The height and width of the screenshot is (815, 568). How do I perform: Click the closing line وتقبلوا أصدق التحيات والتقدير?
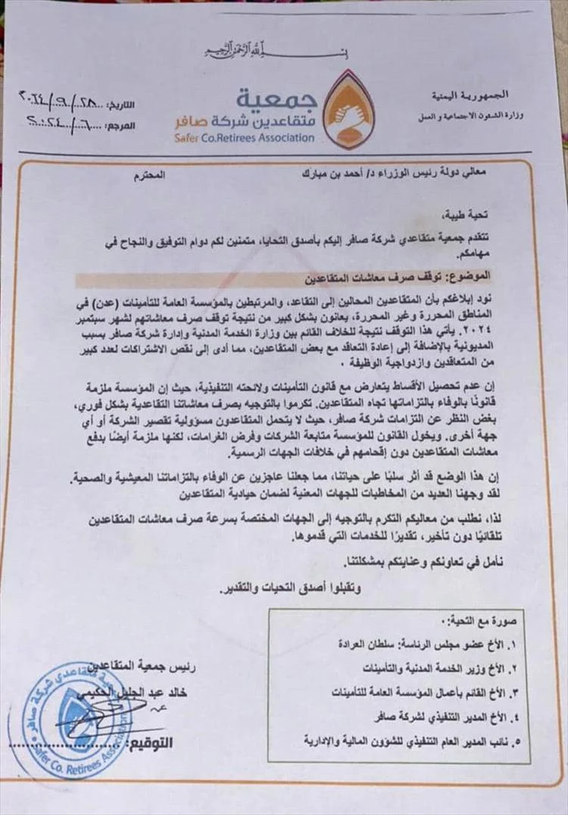coord(291,586)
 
